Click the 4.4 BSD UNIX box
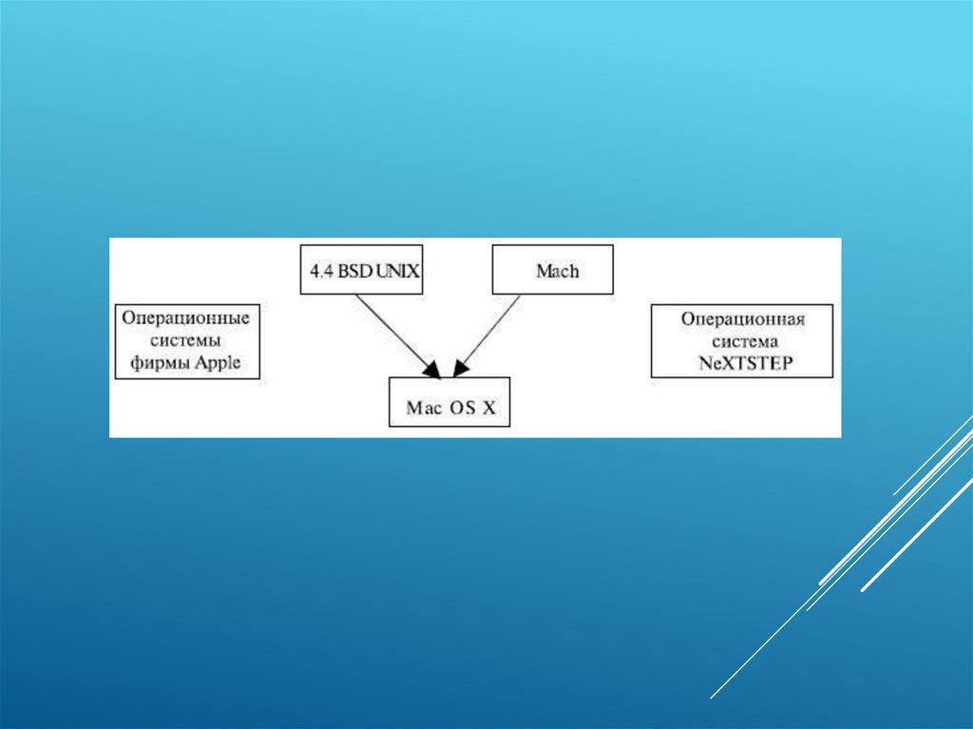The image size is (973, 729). pos(361,269)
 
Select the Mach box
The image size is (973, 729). pos(552,269)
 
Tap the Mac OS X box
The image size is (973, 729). pos(449,402)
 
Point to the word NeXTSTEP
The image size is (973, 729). pos(742,362)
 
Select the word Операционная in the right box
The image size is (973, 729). pos(742,319)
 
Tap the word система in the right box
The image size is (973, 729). pos(742,340)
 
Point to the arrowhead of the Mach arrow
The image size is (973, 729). pos(460,368)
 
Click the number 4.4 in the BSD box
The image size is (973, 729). pos(317,270)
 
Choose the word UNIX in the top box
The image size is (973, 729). pos(398,270)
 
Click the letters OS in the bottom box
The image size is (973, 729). pos(463,409)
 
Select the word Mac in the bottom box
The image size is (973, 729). pos(424,409)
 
